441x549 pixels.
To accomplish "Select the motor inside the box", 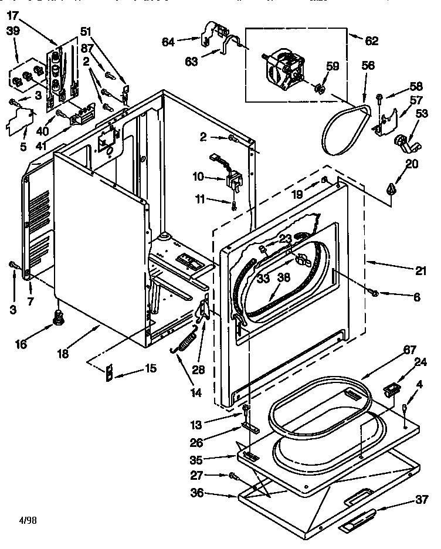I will coord(286,69).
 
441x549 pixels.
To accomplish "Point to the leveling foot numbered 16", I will coord(58,318).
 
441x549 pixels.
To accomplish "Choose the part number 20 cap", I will coord(391,188).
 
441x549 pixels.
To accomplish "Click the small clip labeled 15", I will coord(110,374).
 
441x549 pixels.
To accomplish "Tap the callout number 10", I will coord(199,176).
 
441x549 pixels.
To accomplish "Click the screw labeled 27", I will coord(233,475).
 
